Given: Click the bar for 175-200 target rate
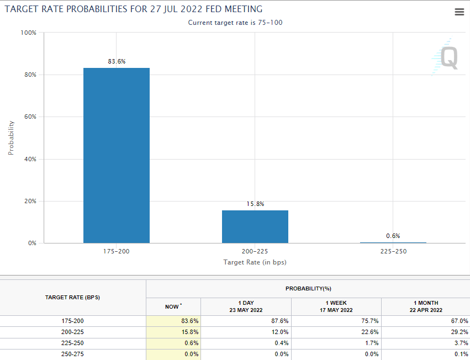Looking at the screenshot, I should [116, 155].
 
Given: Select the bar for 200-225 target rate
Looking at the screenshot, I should [255, 226].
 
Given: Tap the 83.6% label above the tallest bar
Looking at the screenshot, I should [117, 61].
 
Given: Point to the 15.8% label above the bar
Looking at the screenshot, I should [255, 204].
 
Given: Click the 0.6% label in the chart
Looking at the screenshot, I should [393, 236].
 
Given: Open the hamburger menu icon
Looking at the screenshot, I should [459, 12].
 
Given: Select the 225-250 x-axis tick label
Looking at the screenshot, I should [393, 251].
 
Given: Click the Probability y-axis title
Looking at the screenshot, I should [11, 137].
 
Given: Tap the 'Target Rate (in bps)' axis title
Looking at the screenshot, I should [255, 262].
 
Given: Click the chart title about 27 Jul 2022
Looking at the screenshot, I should [133, 9].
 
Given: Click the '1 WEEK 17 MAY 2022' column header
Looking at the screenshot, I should [336, 306].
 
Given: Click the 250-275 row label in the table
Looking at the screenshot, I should [73, 354].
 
